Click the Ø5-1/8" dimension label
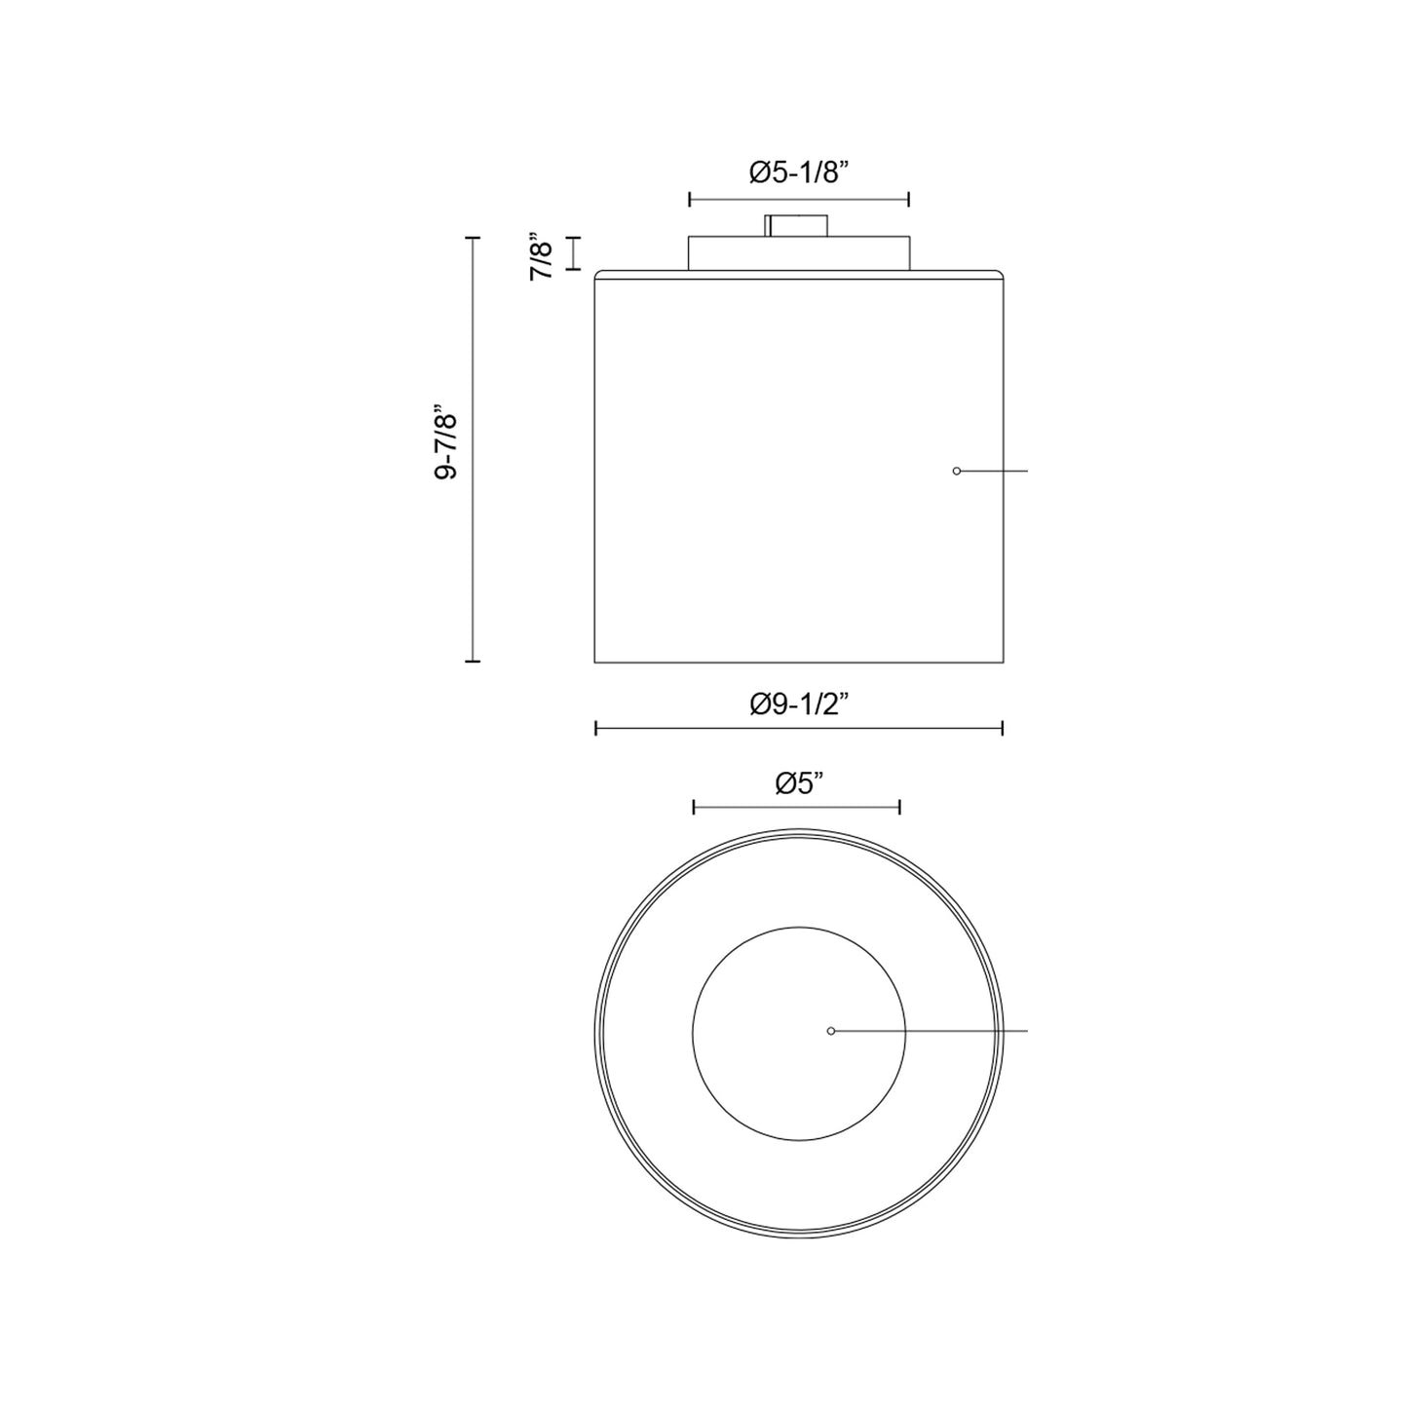(x=799, y=172)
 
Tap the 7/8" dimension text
(x=542, y=257)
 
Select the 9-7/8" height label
(x=445, y=441)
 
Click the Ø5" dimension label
(x=799, y=783)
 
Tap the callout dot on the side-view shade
(x=957, y=472)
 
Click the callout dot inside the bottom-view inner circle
(x=831, y=1031)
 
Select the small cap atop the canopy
(x=796, y=225)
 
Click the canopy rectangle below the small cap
(x=799, y=252)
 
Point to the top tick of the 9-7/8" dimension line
(x=473, y=238)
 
